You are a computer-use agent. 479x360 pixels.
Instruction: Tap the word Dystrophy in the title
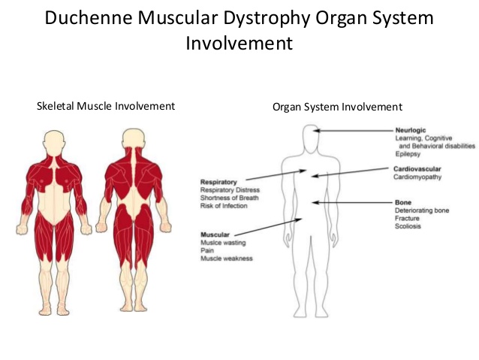[x=266, y=18]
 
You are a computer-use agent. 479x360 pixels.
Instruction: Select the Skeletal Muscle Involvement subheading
[x=106, y=106]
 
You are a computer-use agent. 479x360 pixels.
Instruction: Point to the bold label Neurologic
[x=411, y=130]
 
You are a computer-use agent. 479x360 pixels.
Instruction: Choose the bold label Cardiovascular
[x=418, y=169]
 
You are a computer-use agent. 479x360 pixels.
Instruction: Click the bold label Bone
[x=403, y=202]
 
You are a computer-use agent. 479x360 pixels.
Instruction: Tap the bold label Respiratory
[x=219, y=182]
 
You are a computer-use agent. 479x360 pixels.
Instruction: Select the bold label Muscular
[x=215, y=234]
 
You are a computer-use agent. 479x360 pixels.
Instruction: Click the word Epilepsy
[x=408, y=153]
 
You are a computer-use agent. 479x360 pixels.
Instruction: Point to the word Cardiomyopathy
[x=417, y=177]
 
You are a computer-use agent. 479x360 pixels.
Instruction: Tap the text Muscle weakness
[x=226, y=259]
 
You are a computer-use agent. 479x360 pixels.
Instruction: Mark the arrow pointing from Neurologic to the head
[x=354, y=131]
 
